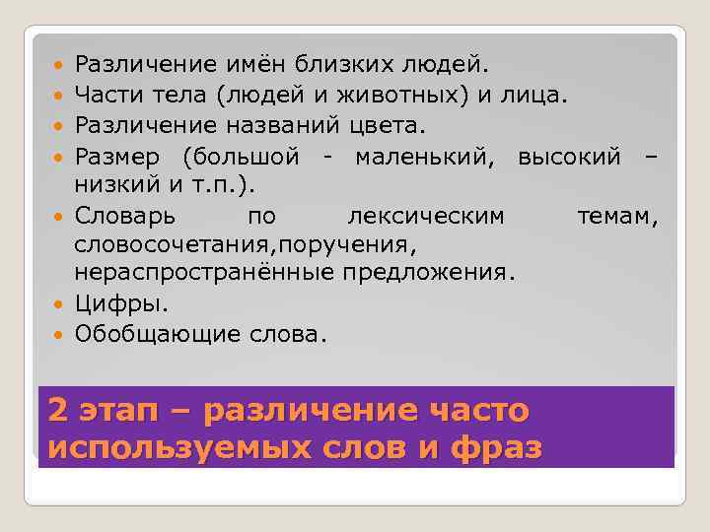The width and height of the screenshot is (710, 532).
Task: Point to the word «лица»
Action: [x=538, y=96]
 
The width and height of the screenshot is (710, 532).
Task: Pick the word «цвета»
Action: [x=384, y=125]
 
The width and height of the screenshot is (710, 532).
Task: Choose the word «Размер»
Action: [x=118, y=156]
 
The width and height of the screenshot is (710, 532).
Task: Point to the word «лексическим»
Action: [x=426, y=215]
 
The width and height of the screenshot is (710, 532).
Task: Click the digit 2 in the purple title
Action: [x=58, y=409]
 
